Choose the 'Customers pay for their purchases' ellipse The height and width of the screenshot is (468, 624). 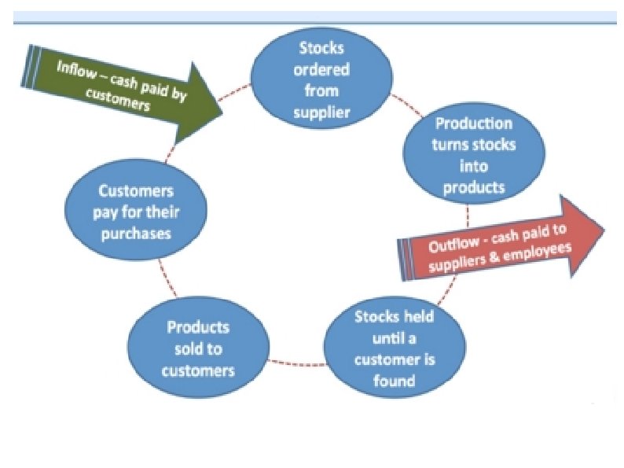[136, 212]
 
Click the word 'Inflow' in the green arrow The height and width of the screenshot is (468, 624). [75, 68]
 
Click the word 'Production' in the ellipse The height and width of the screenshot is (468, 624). [474, 123]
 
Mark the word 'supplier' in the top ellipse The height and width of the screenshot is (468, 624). [321, 112]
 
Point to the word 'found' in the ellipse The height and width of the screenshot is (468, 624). [395, 381]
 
